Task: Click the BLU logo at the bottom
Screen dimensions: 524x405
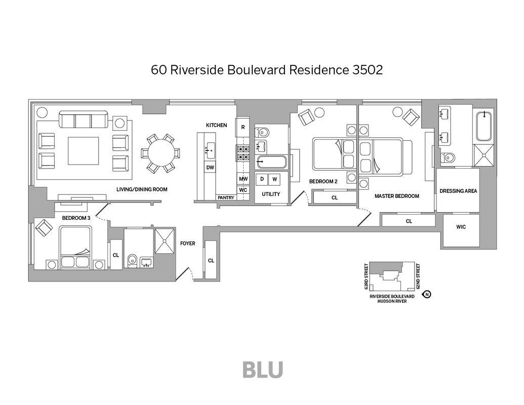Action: (262, 370)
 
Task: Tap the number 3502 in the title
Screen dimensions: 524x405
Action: (368, 70)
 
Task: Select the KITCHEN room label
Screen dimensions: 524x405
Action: (216, 125)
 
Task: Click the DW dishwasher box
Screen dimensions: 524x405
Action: (210, 167)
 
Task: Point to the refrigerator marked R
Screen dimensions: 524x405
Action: (243, 127)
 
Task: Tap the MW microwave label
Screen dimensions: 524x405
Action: (243, 179)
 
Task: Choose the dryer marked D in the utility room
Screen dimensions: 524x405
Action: (262, 179)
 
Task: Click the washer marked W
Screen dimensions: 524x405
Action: (274, 179)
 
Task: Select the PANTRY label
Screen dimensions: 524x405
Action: (226, 197)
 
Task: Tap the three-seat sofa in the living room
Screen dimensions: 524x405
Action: (83, 120)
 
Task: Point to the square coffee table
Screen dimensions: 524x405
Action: (84, 151)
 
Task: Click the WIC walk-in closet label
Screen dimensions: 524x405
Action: (461, 227)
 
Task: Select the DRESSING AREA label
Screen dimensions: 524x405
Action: (458, 191)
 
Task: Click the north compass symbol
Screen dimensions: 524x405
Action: (427, 294)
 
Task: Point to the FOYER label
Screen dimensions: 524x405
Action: (188, 244)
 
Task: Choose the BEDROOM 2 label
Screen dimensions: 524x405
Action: (323, 181)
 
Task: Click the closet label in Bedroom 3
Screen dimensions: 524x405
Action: (116, 255)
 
